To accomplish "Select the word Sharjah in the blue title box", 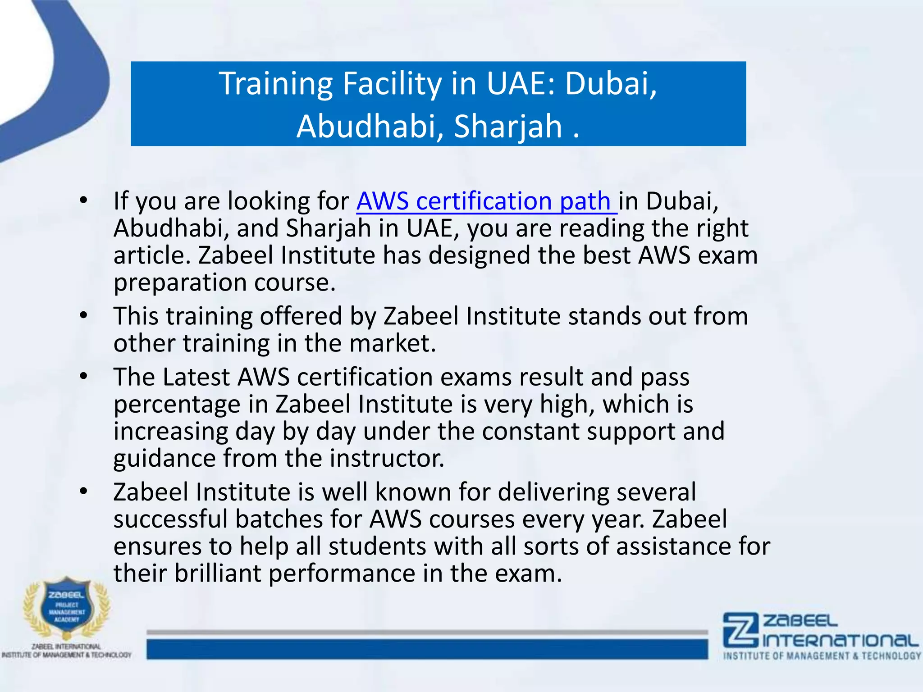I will coord(508,126).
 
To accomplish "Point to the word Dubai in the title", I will coord(610,84).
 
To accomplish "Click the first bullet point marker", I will coord(83,201).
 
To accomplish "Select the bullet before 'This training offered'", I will coord(83,316).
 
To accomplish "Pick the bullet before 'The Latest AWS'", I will coord(83,377).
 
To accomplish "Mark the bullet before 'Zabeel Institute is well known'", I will coord(83,492).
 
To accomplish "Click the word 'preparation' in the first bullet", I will coord(180,283).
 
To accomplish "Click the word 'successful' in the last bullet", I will coord(170,519).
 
